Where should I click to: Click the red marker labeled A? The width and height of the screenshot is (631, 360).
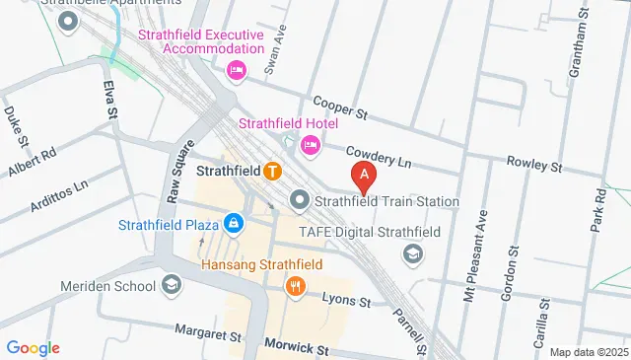tap(365, 178)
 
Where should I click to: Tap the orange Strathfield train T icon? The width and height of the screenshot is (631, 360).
tap(273, 171)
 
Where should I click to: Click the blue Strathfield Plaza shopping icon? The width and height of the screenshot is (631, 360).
tap(233, 224)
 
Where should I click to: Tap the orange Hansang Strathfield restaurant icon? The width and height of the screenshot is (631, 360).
tap(295, 286)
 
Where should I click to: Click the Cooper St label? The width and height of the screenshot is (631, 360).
tap(340, 108)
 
